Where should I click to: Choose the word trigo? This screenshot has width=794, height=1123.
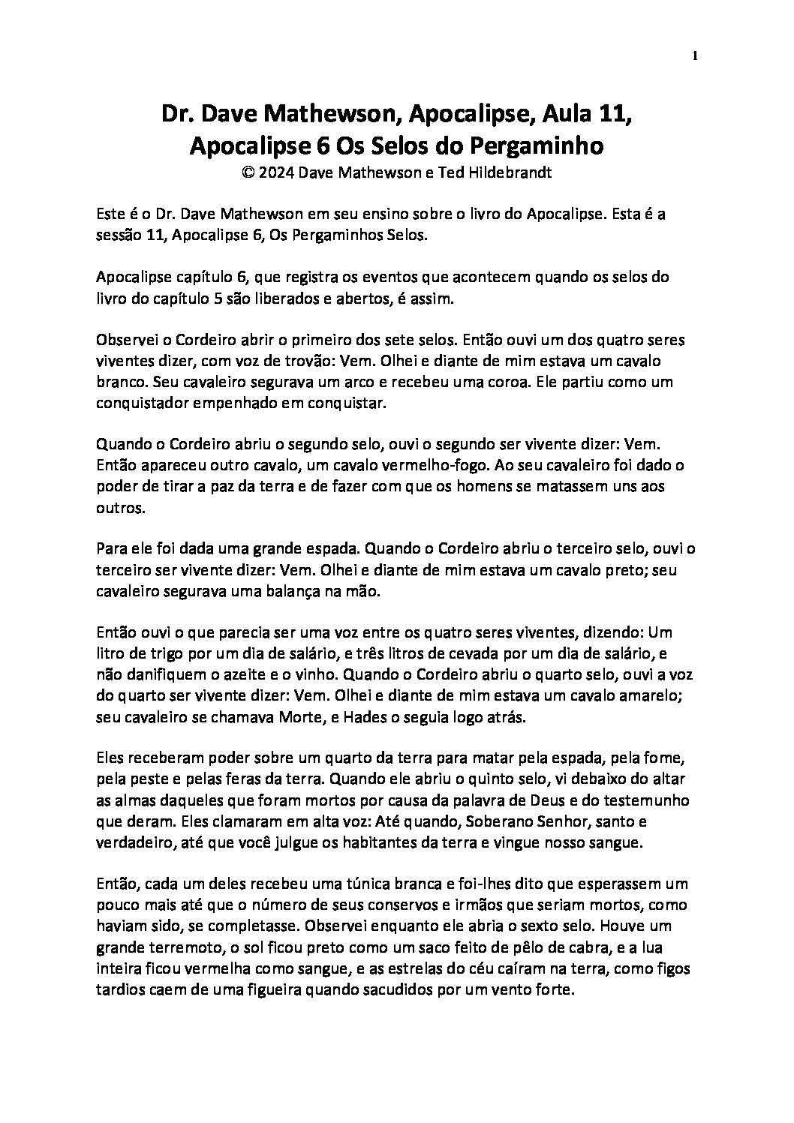point(167,654)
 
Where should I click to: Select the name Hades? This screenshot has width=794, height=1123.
point(365,717)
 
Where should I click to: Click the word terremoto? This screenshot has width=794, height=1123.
point(177,947)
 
